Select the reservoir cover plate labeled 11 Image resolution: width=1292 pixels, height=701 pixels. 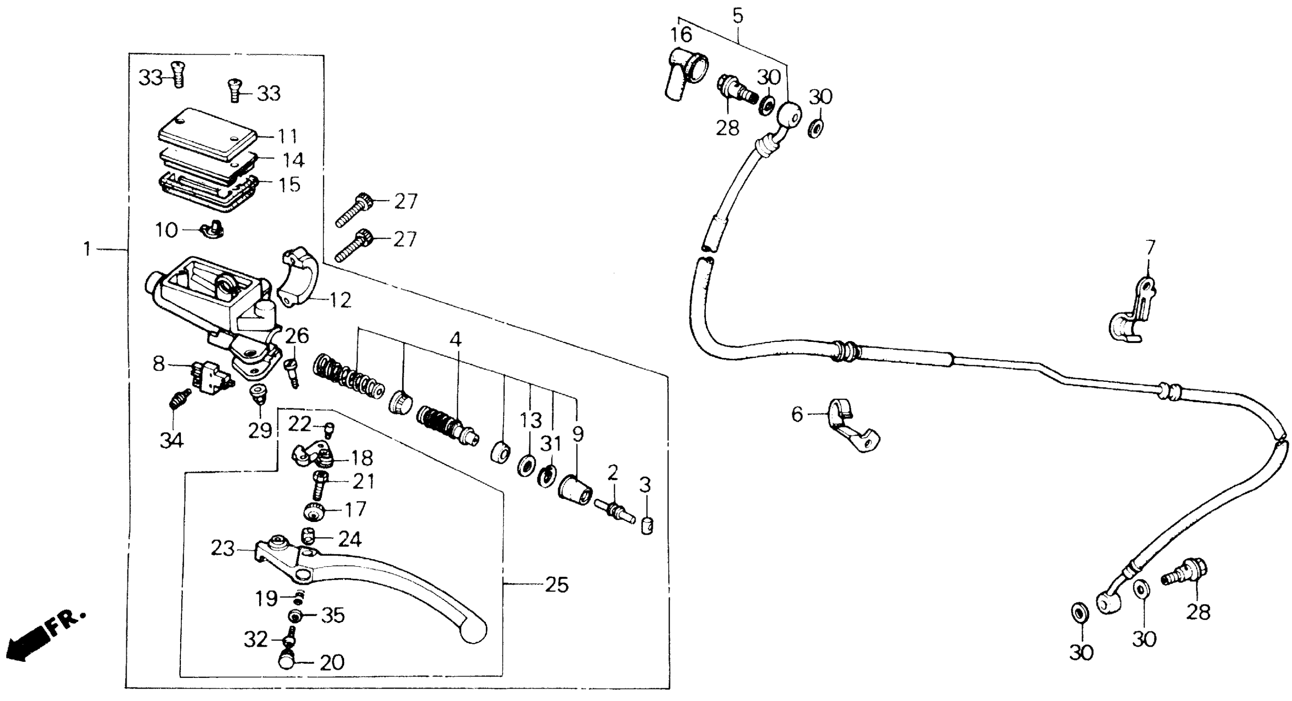coord(207,132)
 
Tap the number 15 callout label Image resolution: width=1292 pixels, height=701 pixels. coord(289,185)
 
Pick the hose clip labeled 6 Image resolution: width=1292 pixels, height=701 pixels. coord(851,426)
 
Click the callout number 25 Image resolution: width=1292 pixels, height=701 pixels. coord(556,585)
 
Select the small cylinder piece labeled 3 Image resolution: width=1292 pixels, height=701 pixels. coord(647,527)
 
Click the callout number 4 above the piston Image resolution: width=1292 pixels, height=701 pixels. coord(455,339)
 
